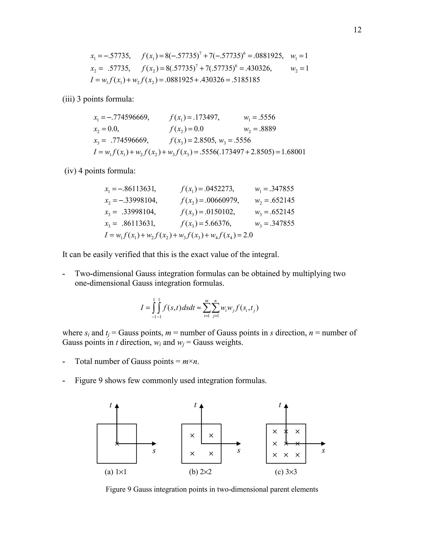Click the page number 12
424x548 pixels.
click(x=357, y=30)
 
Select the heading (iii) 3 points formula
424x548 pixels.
click(x=98, y=99)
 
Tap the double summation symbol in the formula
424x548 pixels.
click(x=211, y=308)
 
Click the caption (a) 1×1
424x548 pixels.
click(x=116, y=472)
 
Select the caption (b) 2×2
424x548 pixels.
click(x=200, y=472)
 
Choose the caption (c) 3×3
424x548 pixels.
click(x=286, y=472)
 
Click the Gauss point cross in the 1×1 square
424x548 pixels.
click(x=117, y=444)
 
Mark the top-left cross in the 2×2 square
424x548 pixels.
click(x=192, y=436)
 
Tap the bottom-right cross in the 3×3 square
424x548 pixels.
click(x=298, y=455)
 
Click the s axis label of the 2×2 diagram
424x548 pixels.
click(x=239, y=451)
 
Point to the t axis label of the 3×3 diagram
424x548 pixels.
click(x=280, y=405)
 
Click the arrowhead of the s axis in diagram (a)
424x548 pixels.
click(x=154, y=444)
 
